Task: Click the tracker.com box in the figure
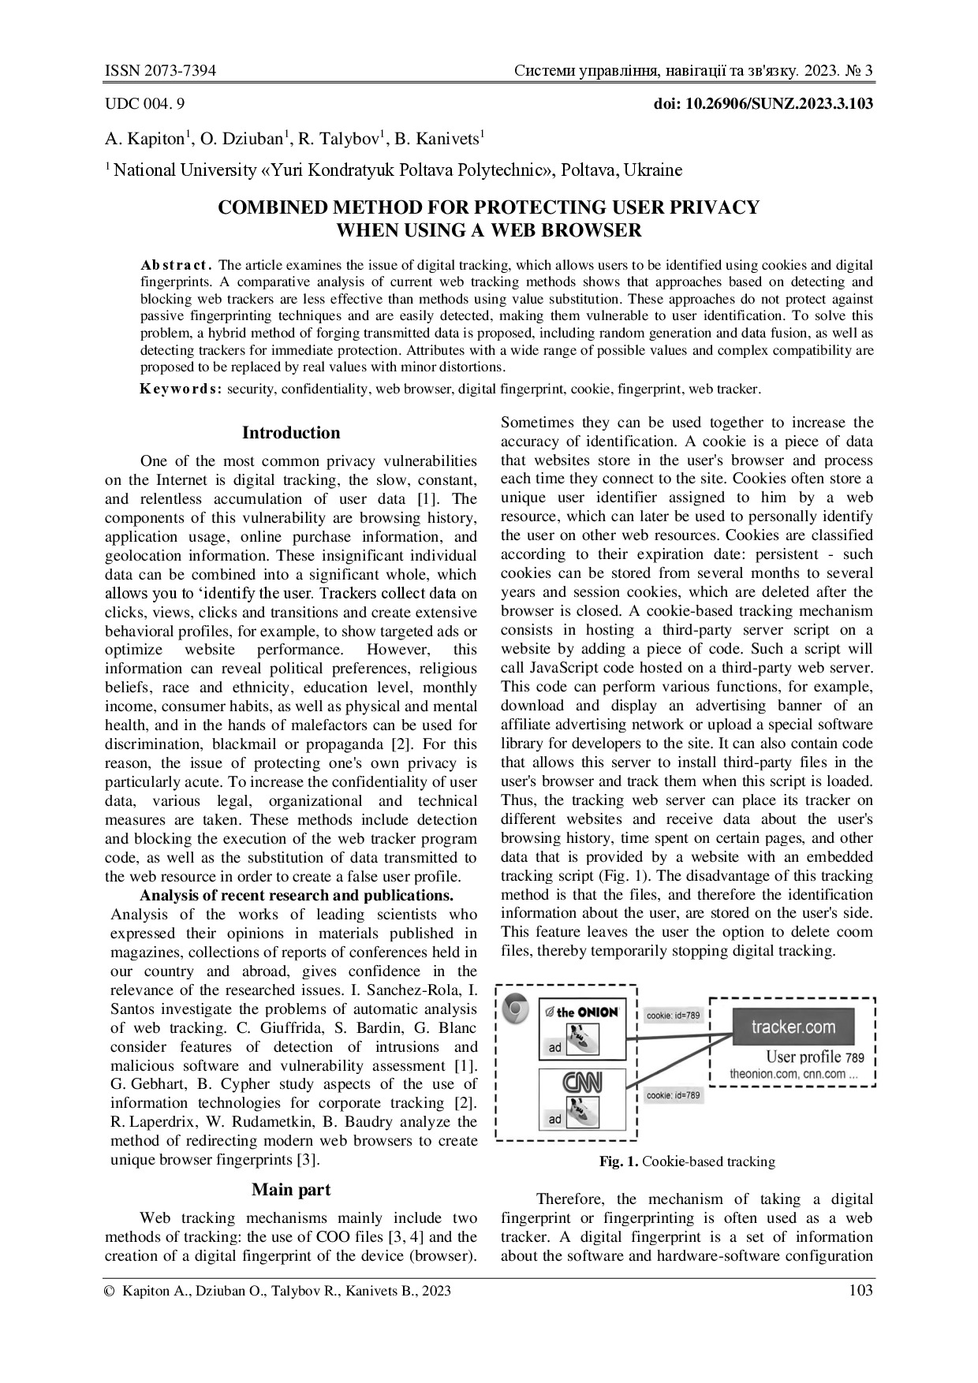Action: click(x=793, y=1027)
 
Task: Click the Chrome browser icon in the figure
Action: click(x=516, y=1008)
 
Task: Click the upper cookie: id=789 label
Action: click(x=673, y=1016)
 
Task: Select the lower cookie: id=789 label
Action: click(x=673, y=1095)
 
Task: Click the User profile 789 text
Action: click(x=815, y=1057)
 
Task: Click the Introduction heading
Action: click(x=291, y=433)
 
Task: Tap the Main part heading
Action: click(x=291, y=1190)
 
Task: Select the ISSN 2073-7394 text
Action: click(x=161, y=72)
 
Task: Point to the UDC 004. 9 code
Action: click(x=145, y=103)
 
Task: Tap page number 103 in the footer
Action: click(x=860, y=1291)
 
